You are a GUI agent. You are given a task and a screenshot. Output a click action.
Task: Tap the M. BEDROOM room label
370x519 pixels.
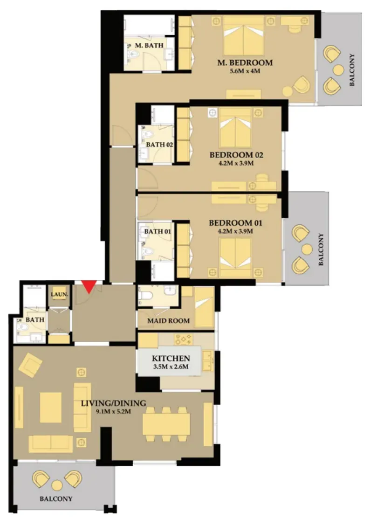pyautogui.click(x=245, y=62)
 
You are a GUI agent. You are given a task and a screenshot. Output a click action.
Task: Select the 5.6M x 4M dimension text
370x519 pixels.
pyautogui.click(x=245, y=71)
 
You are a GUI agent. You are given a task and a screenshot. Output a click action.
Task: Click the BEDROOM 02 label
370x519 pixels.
pyautogui.click(x=236, y=155)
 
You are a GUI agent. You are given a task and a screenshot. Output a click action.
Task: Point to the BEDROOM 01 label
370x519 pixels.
pyautogui.click(x=235, y=223)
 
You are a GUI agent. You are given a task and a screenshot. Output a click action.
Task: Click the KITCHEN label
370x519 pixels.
pyautogui.click(x=171, y=358)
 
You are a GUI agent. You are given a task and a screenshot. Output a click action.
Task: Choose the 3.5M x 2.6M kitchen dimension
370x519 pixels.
pyautogui.click(x=171, y=367)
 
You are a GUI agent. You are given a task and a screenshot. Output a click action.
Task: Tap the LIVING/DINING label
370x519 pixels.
pyautogui.click(x=114, y=403)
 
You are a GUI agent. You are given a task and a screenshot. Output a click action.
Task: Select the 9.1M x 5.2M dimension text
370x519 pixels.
pyautogui.click(x=113, y=412)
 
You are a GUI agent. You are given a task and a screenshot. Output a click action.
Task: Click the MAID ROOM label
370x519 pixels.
pyautogui.click(x=169, y=321)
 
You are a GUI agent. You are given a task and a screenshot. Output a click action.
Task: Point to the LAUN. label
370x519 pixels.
pyautogui.click(x=60, y=294)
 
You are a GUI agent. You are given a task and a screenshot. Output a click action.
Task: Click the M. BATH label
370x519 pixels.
pyautogui.click(x=149, y=45)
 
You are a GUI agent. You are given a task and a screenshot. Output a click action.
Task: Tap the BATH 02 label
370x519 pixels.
pyautogui.click(x=160, y=145)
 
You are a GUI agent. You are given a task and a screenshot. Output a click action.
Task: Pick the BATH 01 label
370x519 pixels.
pyautogui.click(x=158, y=231)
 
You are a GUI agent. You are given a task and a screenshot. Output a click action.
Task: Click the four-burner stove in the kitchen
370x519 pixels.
pyautogui.click(x=184, y=339)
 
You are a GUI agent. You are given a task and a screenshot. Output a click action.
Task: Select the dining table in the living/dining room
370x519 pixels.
pyautogui.click(x=166, y=424)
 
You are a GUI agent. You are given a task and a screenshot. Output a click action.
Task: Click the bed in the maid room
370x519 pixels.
pyautogui.click(x=204, y=307)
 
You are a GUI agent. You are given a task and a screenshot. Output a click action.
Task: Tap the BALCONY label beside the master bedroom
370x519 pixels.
pyautogui.click(x=352, y=70)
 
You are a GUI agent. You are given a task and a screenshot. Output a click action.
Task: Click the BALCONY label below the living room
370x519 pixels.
pyautogui.click(x=56, y=498)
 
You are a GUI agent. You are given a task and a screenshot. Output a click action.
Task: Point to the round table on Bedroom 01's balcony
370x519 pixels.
pyautogui.click(x=307, y=249)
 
